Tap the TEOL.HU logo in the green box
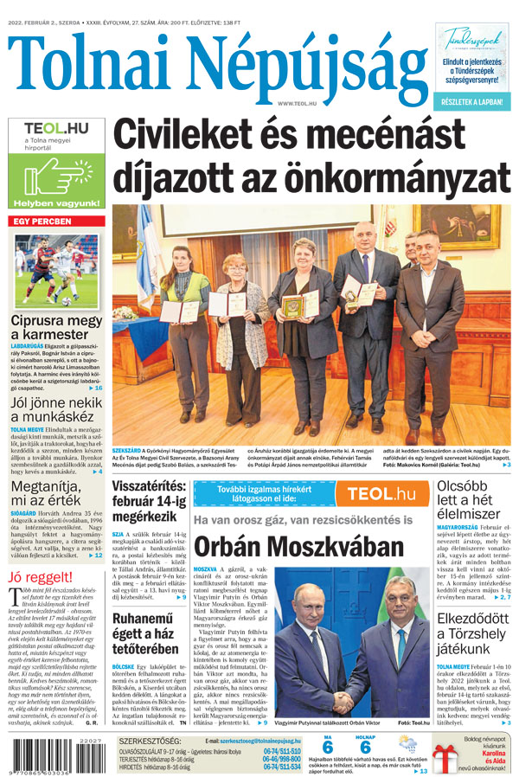(55, 128)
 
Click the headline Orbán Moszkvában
(298, 547)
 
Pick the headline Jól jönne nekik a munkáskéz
(55, 411)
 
